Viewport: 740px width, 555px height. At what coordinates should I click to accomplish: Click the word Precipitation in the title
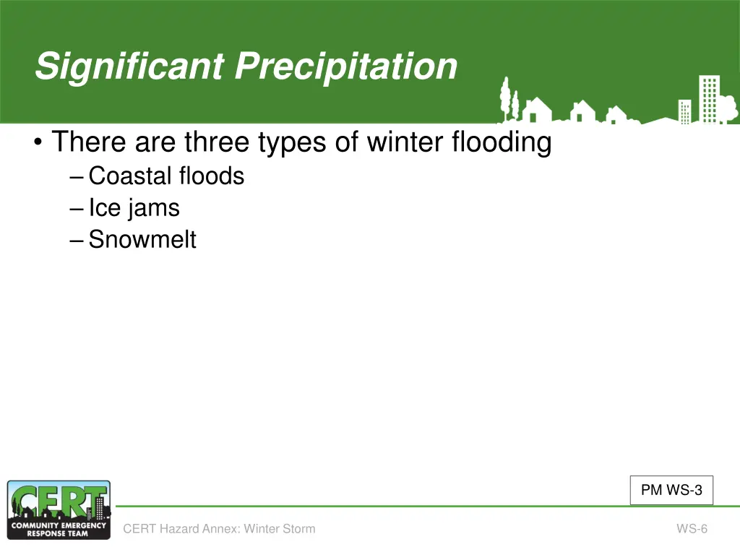pyautogui.click(x=346, y=67)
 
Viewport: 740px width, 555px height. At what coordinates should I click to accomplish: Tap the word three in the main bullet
pyautogui.click(x=217, y=142)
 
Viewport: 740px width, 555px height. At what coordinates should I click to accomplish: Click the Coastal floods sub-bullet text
pyautogui.click(x=167, y=176)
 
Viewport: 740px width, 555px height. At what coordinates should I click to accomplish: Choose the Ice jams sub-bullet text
pyautogui.click(x=134, y=208)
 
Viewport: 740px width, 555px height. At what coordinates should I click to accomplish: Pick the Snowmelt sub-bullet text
pyautogui.click(x=142, y=238)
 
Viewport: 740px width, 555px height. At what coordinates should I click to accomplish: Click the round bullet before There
pyautogui.click(x=38, y=142)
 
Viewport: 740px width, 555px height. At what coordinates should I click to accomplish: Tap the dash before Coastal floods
pyautogui.click(x=77, y=178)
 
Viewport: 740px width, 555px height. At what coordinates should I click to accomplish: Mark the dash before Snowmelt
pyautogui.click(x=77, y=241)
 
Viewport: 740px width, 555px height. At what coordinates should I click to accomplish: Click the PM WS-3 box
pyautogui.click(x=671, y=491)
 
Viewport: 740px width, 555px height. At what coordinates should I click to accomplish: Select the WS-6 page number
pyautogui.click(x=692, y=528)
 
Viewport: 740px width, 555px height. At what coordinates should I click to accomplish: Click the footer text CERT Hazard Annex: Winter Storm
pyautogui.click(x=219, y=528)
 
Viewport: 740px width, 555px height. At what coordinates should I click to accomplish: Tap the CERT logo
pyautogui.click(x=59, y=510)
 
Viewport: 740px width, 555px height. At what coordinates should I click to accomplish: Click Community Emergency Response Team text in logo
pyautogui.click(x=59, y=530)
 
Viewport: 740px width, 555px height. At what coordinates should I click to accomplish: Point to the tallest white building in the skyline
pyautogui.click(x=710, y=99)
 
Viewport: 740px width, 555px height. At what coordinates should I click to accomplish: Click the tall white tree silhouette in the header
pyautogui.click(x=506, y=98)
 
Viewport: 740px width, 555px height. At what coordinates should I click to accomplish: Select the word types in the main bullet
pyautogui.click(x=292, y=142)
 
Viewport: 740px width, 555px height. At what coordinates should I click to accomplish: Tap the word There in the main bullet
pyautogui.click(x=89, y=142)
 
